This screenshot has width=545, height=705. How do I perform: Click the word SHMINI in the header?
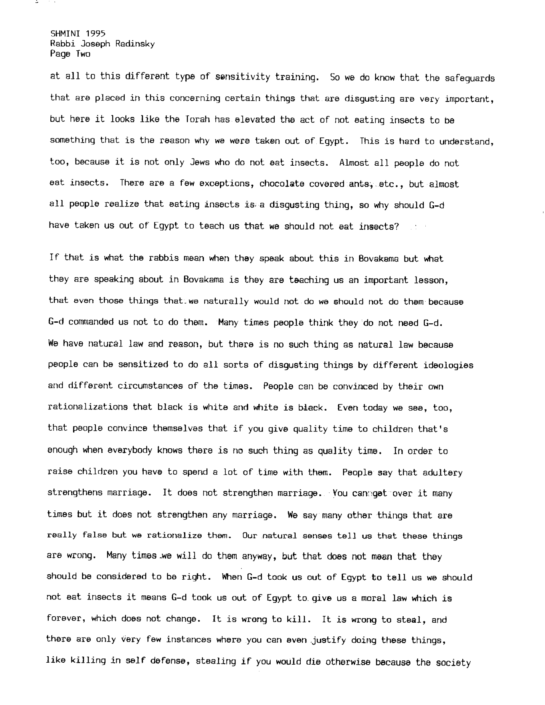tap(66, 34)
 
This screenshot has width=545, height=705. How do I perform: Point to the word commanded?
tap(87, 322)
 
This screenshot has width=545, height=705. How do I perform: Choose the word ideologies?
tap(448, 365)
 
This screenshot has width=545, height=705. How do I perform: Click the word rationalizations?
tap(88, 407)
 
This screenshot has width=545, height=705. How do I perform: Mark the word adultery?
tap(442, 473)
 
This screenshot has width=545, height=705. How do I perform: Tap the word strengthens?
tap(75, 493)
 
